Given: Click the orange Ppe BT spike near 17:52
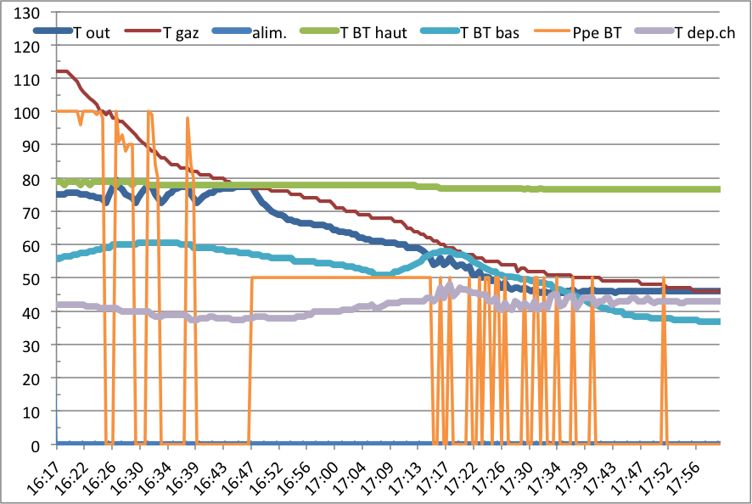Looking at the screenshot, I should pyautogui.click(x=664, y=280).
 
